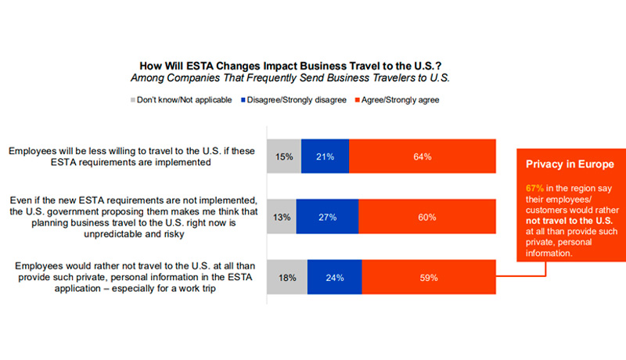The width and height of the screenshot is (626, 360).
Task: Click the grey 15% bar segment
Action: click(284, 157)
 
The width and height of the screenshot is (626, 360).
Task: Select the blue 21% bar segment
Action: click(325, 157)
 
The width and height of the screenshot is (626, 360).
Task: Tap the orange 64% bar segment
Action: click(423, 157)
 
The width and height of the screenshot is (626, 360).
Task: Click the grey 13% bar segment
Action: click(282, 217)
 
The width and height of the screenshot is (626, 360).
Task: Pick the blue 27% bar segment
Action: click(327, 217)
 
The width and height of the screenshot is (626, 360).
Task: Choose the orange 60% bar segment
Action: click(427, 217)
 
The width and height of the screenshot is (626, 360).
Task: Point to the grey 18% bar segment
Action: click(287, 277)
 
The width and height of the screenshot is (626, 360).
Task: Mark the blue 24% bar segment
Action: click(333, 277)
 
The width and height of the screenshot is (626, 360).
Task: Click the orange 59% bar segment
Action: click(428, 277)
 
